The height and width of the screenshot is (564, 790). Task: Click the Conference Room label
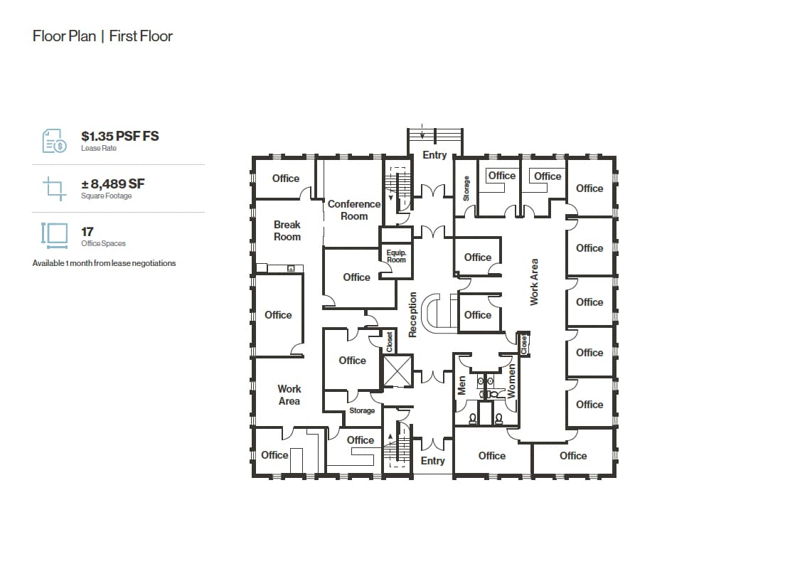[354, 210]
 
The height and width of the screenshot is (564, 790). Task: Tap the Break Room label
[287, 230]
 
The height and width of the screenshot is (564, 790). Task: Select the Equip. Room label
[396, 256]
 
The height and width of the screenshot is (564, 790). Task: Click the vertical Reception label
[412, 314]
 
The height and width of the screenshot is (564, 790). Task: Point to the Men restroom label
[461, 386]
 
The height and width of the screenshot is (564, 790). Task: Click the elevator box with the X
[397, 371]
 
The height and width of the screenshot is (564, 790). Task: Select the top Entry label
[434, 155]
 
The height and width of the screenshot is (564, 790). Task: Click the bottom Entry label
[432, 461]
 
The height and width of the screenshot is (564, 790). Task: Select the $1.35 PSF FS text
[119, 136]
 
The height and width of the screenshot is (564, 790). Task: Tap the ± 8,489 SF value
[113, 184]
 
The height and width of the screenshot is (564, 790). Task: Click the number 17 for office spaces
[87, 231]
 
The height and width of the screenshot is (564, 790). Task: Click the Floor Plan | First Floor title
[102, 36]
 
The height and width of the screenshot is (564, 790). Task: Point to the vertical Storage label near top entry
[466, 188]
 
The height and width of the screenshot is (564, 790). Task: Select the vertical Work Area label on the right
[535, 282]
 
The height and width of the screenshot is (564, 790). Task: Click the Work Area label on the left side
[289, 395]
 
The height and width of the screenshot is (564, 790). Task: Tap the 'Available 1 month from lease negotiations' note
[104, 263]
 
